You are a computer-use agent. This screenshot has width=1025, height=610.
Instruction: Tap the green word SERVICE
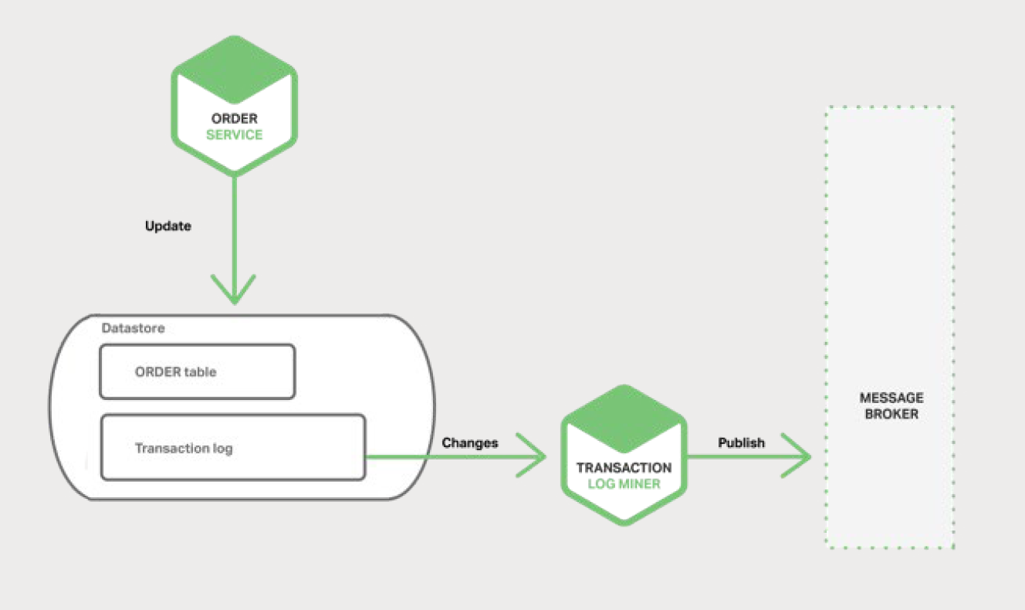click(x=234, y=134)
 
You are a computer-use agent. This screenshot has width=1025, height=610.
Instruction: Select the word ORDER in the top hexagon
click(x=234, y=119)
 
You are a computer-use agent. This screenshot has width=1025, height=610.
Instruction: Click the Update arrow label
click(x=168, y=227)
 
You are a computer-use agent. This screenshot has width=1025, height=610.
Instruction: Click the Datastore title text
click(x=134, y=328)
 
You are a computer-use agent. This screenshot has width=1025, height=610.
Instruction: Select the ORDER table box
click(x=198, y=371)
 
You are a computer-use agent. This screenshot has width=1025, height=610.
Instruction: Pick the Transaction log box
click(x=232, y=447)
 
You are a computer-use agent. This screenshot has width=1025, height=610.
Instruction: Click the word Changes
click(x=470, y=442)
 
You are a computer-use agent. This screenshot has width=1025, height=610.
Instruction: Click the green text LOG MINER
click(x=624, y=483)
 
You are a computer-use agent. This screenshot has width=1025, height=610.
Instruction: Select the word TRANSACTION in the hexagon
click(x=624, y=468)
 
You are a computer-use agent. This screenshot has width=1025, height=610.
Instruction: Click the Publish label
click(x=742, y=442)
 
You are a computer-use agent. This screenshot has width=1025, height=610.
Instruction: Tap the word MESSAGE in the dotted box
click(x=891, y=398)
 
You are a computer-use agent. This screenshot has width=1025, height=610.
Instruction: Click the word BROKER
click(x=891, y=414)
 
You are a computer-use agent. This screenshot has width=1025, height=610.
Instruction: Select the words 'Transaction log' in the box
click(x=184, y=448)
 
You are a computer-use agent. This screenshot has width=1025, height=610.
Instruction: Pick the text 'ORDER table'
click(x=176, y=371)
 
